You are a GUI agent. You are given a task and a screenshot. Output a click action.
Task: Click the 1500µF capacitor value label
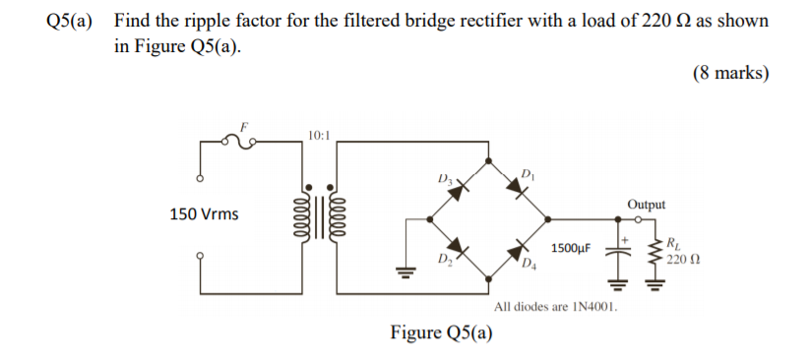(571, 250)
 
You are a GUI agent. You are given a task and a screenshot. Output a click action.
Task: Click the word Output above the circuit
(646, 205)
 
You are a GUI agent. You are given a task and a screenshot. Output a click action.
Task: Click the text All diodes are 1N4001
(557, 307)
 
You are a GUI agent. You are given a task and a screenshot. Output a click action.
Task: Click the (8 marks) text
(730, 73)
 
